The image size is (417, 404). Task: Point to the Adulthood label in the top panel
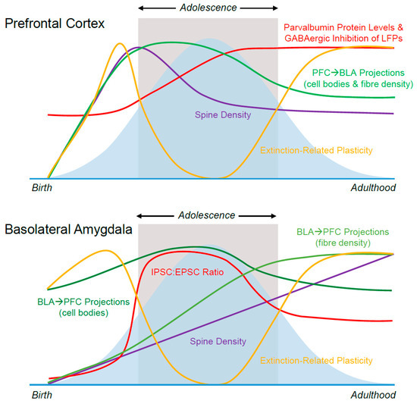[x=374, y=186]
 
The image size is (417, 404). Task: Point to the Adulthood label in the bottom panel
[x=374, y=395]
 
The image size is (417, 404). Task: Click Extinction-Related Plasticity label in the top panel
[x=316, y=150]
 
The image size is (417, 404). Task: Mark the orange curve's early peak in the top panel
[x=119, y=43]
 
